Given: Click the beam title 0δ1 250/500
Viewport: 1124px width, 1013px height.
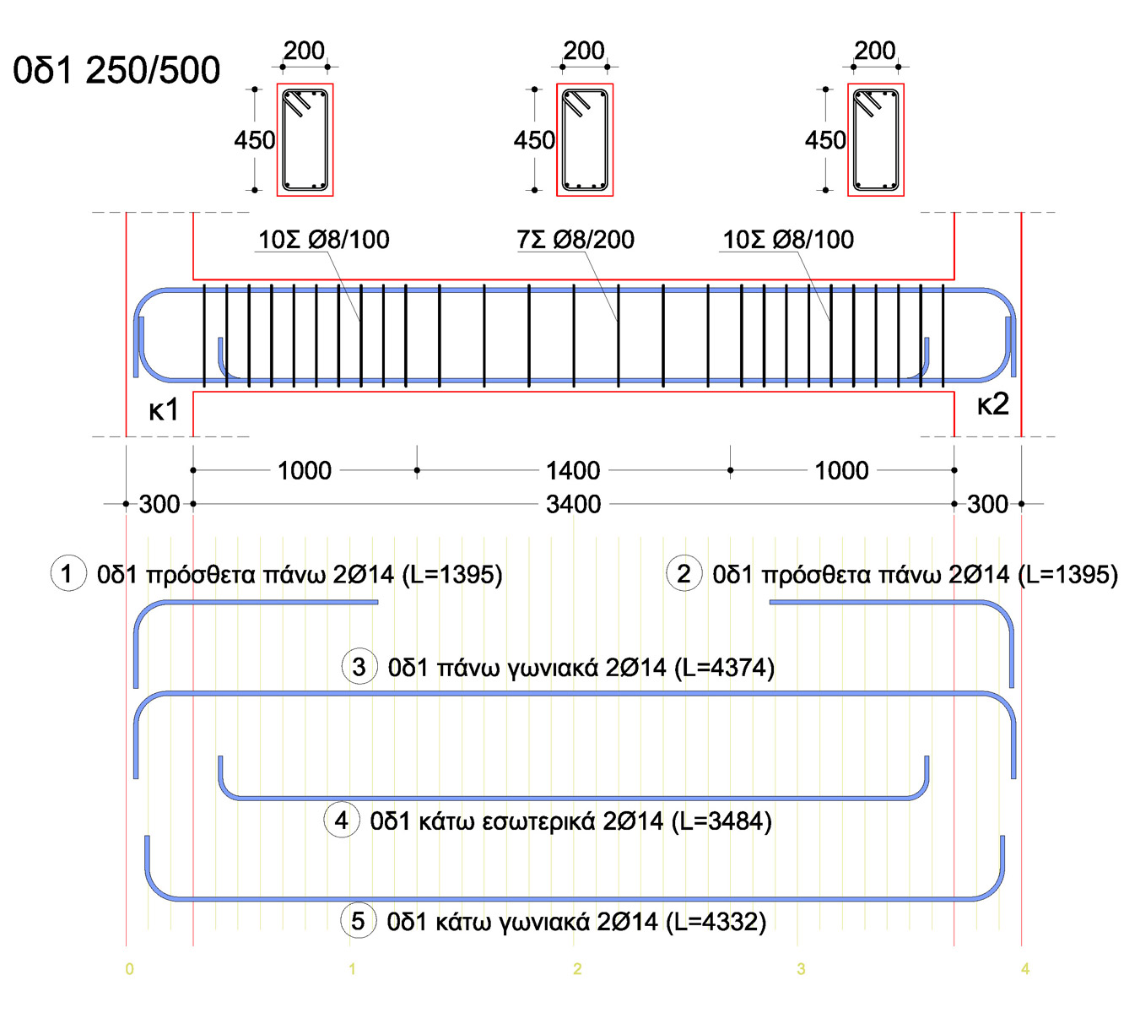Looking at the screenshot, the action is click(x=116, y=71).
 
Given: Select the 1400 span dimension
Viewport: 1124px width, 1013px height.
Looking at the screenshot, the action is click(x=573, y=470).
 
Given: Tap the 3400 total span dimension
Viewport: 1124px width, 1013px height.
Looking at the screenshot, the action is click(x=573, y=505).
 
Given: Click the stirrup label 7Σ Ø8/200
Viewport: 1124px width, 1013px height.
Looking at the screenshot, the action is click(x=576, y=240).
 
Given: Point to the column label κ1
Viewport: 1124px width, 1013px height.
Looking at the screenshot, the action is click(x=164, y=409).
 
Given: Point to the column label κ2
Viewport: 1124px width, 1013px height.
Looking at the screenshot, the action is click(x=993, y=404).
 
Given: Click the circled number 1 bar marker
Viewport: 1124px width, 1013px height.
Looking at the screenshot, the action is click(x=68, y=573).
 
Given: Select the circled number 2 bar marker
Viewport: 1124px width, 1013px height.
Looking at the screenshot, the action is click(x=684, y=573).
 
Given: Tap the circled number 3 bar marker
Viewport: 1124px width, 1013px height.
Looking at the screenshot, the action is click(x=359, y=667).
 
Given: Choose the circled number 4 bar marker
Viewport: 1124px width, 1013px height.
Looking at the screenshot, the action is click(x=341, y=821).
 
